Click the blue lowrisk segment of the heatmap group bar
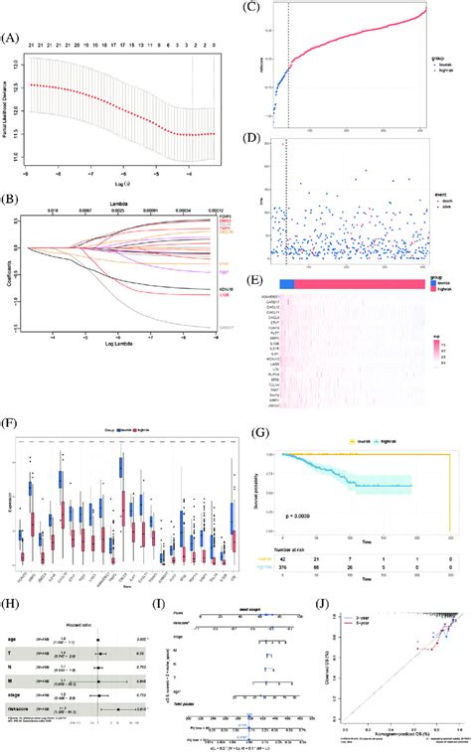(286, 254)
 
